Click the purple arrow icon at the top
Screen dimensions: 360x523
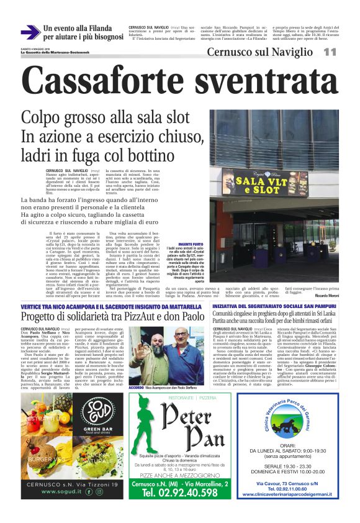pos(30,32)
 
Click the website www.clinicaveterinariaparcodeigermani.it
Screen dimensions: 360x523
pos(287,494)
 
